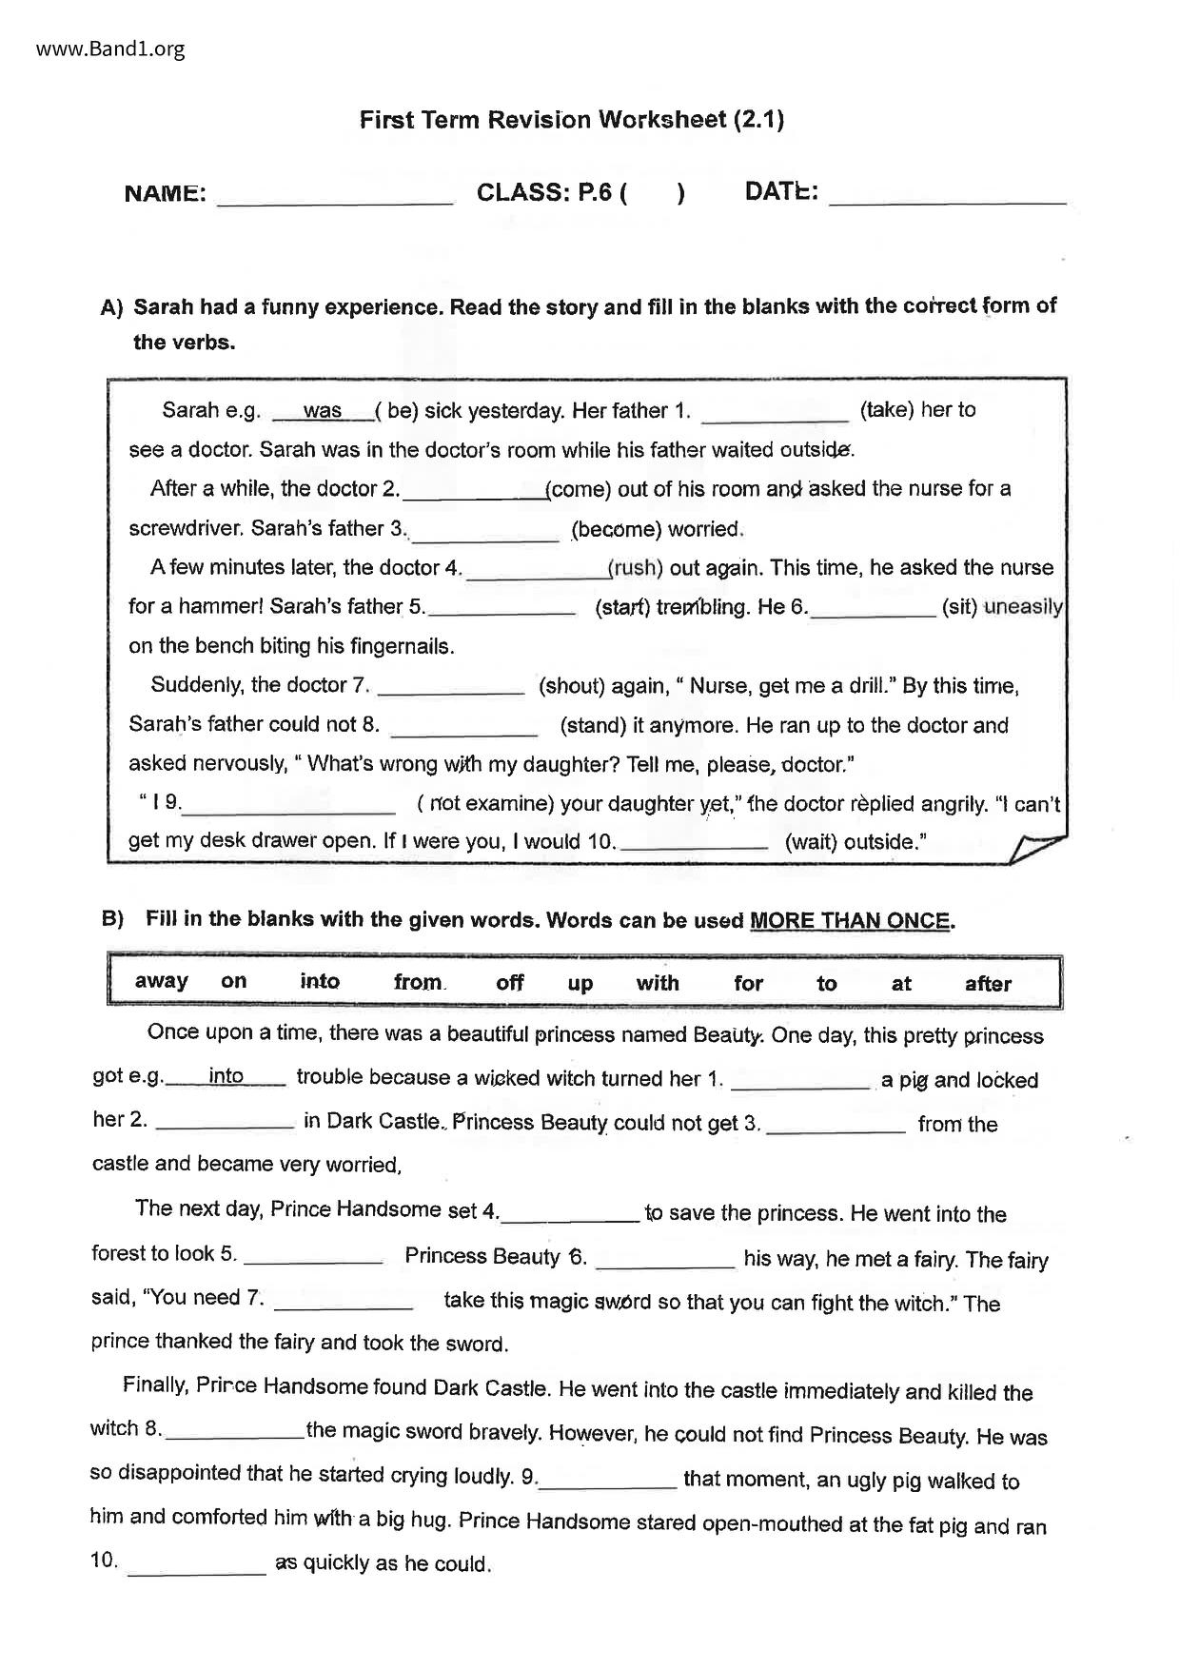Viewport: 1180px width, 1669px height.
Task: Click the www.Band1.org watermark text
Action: (110, 49)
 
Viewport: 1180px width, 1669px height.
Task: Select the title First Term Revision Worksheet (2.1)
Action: (571, 120)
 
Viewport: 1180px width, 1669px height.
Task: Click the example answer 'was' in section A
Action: (323, 411)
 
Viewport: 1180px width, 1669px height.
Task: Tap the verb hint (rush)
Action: (635, 568)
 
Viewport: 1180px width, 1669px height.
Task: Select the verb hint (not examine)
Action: (485, 803)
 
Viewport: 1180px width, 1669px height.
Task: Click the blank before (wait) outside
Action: (695, 843)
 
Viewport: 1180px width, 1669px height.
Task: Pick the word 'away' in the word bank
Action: (162, 981)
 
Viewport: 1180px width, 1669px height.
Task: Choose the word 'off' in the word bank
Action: (510, 982)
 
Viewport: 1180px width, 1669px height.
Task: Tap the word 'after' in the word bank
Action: (988, 984)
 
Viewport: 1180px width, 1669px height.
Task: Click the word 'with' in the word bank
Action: (658, 983)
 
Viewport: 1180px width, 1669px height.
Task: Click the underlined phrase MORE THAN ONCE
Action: (850, 921)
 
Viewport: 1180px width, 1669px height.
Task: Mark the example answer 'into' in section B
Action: (226, 1076)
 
